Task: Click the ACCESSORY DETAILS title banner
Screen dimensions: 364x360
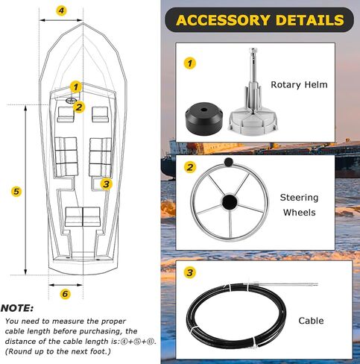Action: (259, 20)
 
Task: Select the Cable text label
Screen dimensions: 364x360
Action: (311, 321)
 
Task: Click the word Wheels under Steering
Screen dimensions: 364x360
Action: (298, 213)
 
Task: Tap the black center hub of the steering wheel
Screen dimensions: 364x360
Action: (230, 201)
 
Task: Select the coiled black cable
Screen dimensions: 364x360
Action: (224, 316)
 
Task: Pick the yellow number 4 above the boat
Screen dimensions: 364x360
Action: (61, 11)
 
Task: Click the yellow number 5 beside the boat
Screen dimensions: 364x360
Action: (16, 192)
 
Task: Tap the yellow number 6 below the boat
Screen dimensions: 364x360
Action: (65, 294)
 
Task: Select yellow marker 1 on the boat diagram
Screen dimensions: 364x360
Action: (75, 87)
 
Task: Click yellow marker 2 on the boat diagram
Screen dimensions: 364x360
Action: (80, 107)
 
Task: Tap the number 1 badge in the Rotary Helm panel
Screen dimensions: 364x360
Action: (190, 63)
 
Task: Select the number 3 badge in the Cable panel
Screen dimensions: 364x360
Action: (190, 273)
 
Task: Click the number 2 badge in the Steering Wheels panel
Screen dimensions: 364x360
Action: (190, 168)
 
